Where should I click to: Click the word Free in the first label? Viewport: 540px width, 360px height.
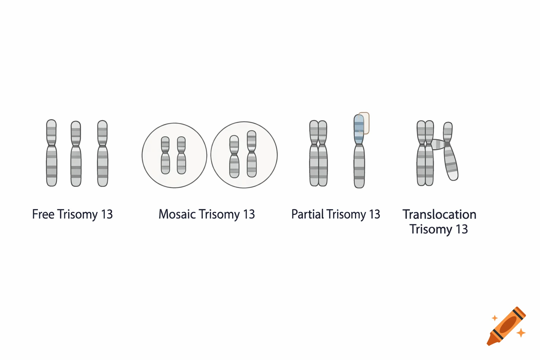(43, 214)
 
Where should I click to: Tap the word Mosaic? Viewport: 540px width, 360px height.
(177, 214)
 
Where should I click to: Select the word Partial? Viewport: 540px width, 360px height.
(307, 214)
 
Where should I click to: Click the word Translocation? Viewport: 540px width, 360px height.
(439, 214)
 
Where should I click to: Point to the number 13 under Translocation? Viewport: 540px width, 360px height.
(462, 229)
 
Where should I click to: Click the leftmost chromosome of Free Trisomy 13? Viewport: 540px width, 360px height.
(51, 153)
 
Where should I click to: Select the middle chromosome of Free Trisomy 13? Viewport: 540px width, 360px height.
(76, 154)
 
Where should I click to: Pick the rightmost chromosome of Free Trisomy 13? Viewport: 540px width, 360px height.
(102, 153)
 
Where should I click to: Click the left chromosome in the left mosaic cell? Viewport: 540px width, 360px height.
(165, 155)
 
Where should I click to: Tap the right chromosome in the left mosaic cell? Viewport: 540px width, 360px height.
(181, 155)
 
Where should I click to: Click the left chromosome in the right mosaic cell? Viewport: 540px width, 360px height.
(234, 156)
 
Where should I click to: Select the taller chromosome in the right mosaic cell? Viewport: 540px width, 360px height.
(252, 154)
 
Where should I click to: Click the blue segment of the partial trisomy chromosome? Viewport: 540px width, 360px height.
(359, 128)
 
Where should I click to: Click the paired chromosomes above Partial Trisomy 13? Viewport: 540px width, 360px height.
(319, 153)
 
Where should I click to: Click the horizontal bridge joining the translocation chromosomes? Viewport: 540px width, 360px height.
(438, 144)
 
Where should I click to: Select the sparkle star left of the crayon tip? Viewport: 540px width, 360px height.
(495, 318)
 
